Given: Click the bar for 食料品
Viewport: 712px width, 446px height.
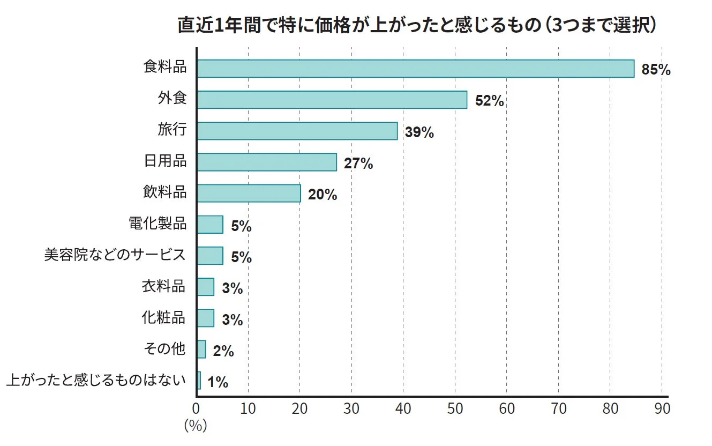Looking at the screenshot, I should (x=415, y=69).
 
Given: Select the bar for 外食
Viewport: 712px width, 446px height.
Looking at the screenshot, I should (x=332, y=100).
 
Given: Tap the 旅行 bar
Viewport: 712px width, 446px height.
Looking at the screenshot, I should (x=297, y=131).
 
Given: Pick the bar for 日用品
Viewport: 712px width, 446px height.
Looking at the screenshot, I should (x=267, y=162).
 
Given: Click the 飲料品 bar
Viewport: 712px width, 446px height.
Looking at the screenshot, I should (x=249, y=194).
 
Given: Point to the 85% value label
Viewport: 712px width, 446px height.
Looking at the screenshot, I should (x=656, y=70).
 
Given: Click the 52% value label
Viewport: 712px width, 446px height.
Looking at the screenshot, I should (x=489, y=101).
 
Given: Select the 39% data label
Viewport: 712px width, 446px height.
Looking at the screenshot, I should (x=419, y=132).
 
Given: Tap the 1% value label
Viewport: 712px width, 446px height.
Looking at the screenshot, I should (x=218, y=382).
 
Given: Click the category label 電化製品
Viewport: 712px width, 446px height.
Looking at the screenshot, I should (x=158, y=224).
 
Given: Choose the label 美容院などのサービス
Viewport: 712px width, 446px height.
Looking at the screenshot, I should (x=115, y=255).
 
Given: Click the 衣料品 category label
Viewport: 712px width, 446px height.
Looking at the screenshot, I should (x=163, y=286).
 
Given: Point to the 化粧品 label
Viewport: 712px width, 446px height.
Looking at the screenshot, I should (x=163, y=317).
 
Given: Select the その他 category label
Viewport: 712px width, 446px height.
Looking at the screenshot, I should (x=164, y=349).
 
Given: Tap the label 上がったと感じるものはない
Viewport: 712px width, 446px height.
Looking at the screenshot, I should (x=96, y=381).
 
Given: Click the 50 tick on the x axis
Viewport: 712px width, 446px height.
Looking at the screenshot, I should (x=455, y=409).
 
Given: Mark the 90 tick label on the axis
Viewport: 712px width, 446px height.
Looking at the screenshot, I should (x=662, y=409).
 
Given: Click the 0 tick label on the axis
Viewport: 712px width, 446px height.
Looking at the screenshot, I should (x=196, y=409).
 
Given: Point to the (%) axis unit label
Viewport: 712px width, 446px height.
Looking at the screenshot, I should (x=196, y=426).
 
